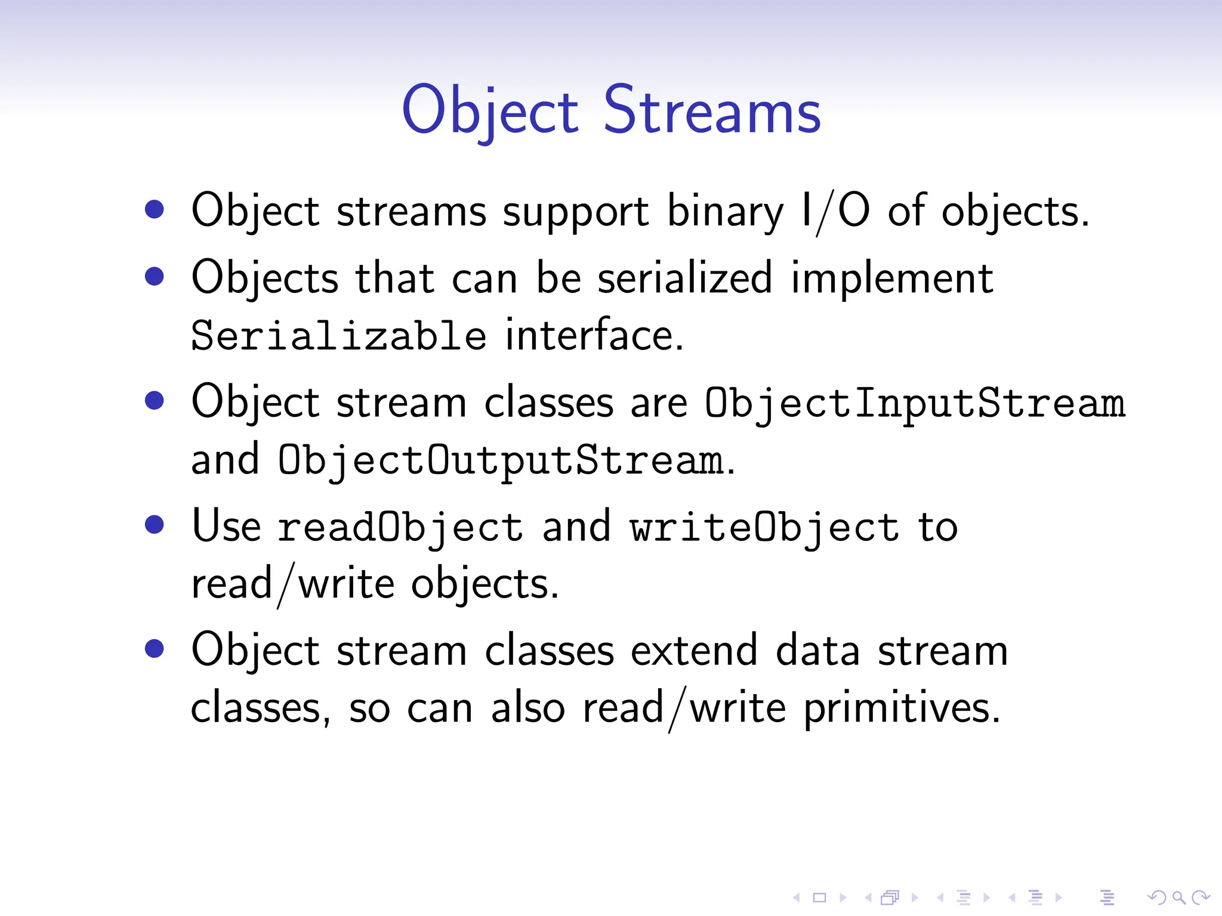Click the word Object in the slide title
click(x=490, y=111)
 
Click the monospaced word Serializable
click(x=338, y=335)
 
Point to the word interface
click(x=593, y=335)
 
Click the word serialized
click(x=684, y=278)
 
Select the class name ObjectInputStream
click(x=914, y=403)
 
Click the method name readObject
click(x=400, y=528)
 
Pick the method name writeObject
click(x=764, y=528)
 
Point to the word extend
click(x=694, y=650)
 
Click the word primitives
click(x=901, y=708)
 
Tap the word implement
click(x=892, y=278)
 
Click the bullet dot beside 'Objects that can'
click(x=155, y=276)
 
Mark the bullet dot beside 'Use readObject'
click(x=155, y=524)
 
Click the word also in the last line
click(x=527, y=708)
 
